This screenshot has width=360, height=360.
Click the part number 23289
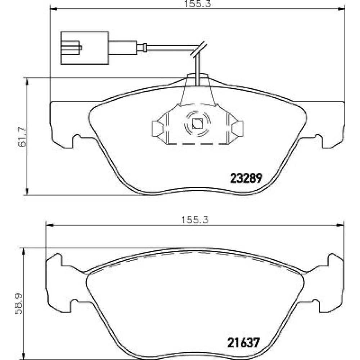click(246, 178)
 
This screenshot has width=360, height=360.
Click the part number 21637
click(243, 343)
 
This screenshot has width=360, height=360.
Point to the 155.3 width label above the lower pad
click(195, 220)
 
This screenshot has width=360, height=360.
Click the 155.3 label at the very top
click(198, 3)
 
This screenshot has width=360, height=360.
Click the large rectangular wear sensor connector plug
click(85, 48)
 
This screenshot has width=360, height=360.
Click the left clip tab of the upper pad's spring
click(158, 129)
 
